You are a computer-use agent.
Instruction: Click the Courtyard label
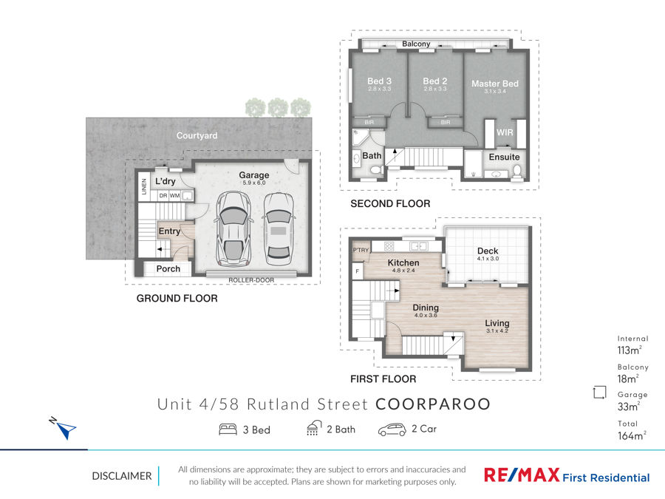click(197, 135)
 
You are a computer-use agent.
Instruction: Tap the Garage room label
click(254, 174)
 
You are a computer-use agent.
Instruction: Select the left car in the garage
click(233, 229)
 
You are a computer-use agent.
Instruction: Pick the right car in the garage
click(279, 228)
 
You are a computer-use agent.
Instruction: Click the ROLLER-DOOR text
click(251, 280)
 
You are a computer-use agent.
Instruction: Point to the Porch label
click(168, 268)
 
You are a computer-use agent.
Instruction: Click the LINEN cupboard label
click(144, 187)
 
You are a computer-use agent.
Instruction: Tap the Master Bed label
click(495, 84)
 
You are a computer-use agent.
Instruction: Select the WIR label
click(505, 132)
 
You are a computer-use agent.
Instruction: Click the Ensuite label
click(504, 157)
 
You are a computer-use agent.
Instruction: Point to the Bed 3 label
click(380, 81)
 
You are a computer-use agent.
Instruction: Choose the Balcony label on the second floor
click(416, 44)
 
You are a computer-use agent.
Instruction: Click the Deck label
click(488, 251)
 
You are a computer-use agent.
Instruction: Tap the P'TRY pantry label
click(361, 250)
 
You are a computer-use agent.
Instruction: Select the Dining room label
click(426, 308)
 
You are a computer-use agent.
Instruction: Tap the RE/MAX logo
click(522, 475)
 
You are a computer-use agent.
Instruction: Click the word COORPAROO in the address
click(433, 404)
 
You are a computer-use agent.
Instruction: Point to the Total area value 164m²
click(632, 435)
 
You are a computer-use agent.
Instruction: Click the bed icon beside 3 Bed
click(228, 430)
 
